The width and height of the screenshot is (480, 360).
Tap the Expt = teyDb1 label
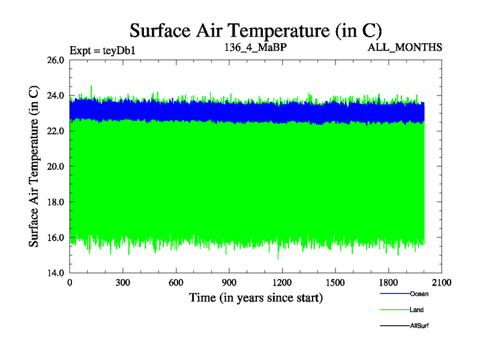pos(103,50)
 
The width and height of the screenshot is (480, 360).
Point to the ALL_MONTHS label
pos(405,47)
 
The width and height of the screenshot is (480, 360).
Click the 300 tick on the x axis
pos(123,282)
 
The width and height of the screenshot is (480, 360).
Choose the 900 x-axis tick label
pos(229,282)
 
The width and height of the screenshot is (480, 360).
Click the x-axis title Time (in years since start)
pos(256,297)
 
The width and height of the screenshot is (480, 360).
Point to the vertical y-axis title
pos(34,166)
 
